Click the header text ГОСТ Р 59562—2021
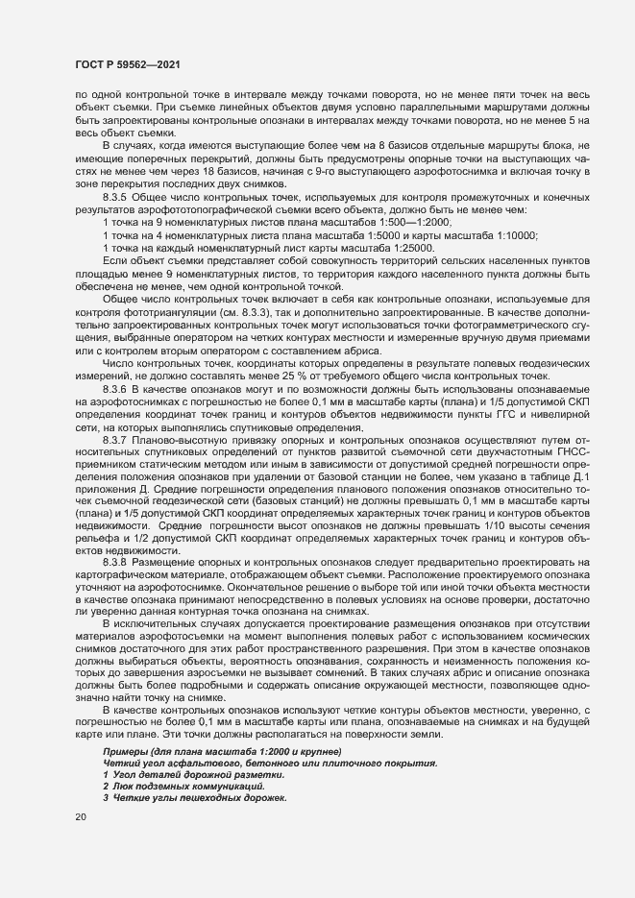[124, 64]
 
